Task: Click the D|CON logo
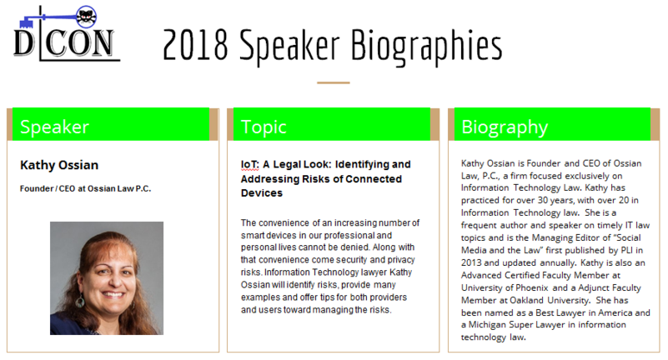66,33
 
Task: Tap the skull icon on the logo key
87,17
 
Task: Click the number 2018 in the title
195,45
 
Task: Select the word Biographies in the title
426,47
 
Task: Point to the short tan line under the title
333,82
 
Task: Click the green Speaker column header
111,124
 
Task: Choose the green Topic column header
332,124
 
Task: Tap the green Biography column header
553,124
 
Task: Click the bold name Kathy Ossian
59,165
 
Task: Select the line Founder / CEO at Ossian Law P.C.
86,188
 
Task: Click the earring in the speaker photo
80,302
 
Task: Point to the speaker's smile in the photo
113,294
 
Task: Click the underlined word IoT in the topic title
249,164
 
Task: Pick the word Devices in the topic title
262,193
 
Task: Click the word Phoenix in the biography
532,287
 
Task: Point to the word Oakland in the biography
526,300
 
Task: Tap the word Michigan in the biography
486,325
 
